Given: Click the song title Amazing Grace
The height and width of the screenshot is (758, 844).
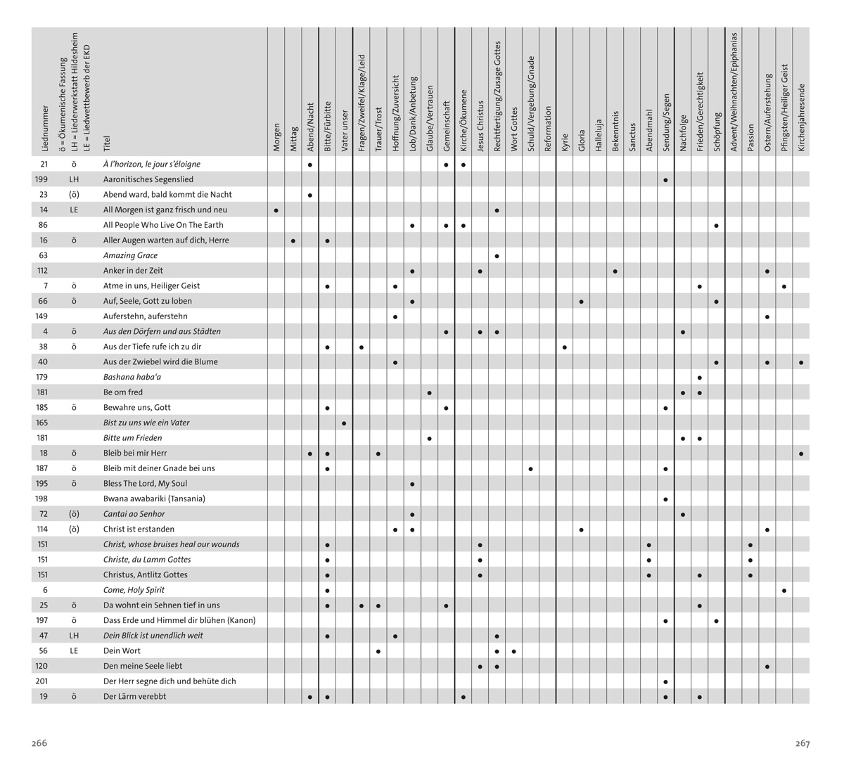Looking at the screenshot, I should (x=130, y=255).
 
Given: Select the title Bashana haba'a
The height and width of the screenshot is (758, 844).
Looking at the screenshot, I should (x=132, y=377).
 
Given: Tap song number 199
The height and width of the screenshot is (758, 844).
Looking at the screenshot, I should (x=41, y=179).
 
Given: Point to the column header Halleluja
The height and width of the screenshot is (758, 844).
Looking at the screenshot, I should (x=599, y=135).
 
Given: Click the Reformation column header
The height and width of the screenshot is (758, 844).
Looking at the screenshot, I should (x=548, y=129).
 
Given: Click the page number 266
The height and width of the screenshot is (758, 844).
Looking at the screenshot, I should (x=39, y=743).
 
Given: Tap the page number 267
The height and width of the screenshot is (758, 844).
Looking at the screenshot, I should (x=803, y=743).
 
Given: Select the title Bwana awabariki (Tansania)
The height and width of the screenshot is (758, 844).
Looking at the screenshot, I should (x=154, y=499).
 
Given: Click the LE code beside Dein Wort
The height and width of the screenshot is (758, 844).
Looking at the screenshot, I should (x=74, y=650).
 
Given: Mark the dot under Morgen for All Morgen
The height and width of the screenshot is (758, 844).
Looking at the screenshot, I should (x=276, y=210).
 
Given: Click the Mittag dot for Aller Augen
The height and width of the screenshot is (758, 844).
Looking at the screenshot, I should (x=293, y=240).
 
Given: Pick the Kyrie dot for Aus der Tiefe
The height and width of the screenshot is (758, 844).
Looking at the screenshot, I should (x=565, y=347).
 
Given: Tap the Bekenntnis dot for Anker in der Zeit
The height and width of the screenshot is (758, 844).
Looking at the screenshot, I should (x=615, y=271).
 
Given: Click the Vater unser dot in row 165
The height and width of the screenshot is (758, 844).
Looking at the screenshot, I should (x=344, y=423).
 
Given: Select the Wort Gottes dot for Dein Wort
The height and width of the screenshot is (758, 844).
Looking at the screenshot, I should (x=514, y=651).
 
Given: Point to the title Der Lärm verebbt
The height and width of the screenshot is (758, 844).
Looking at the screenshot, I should (x=135, y=696).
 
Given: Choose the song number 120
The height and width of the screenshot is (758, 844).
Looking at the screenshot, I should (x=42, y=666).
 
